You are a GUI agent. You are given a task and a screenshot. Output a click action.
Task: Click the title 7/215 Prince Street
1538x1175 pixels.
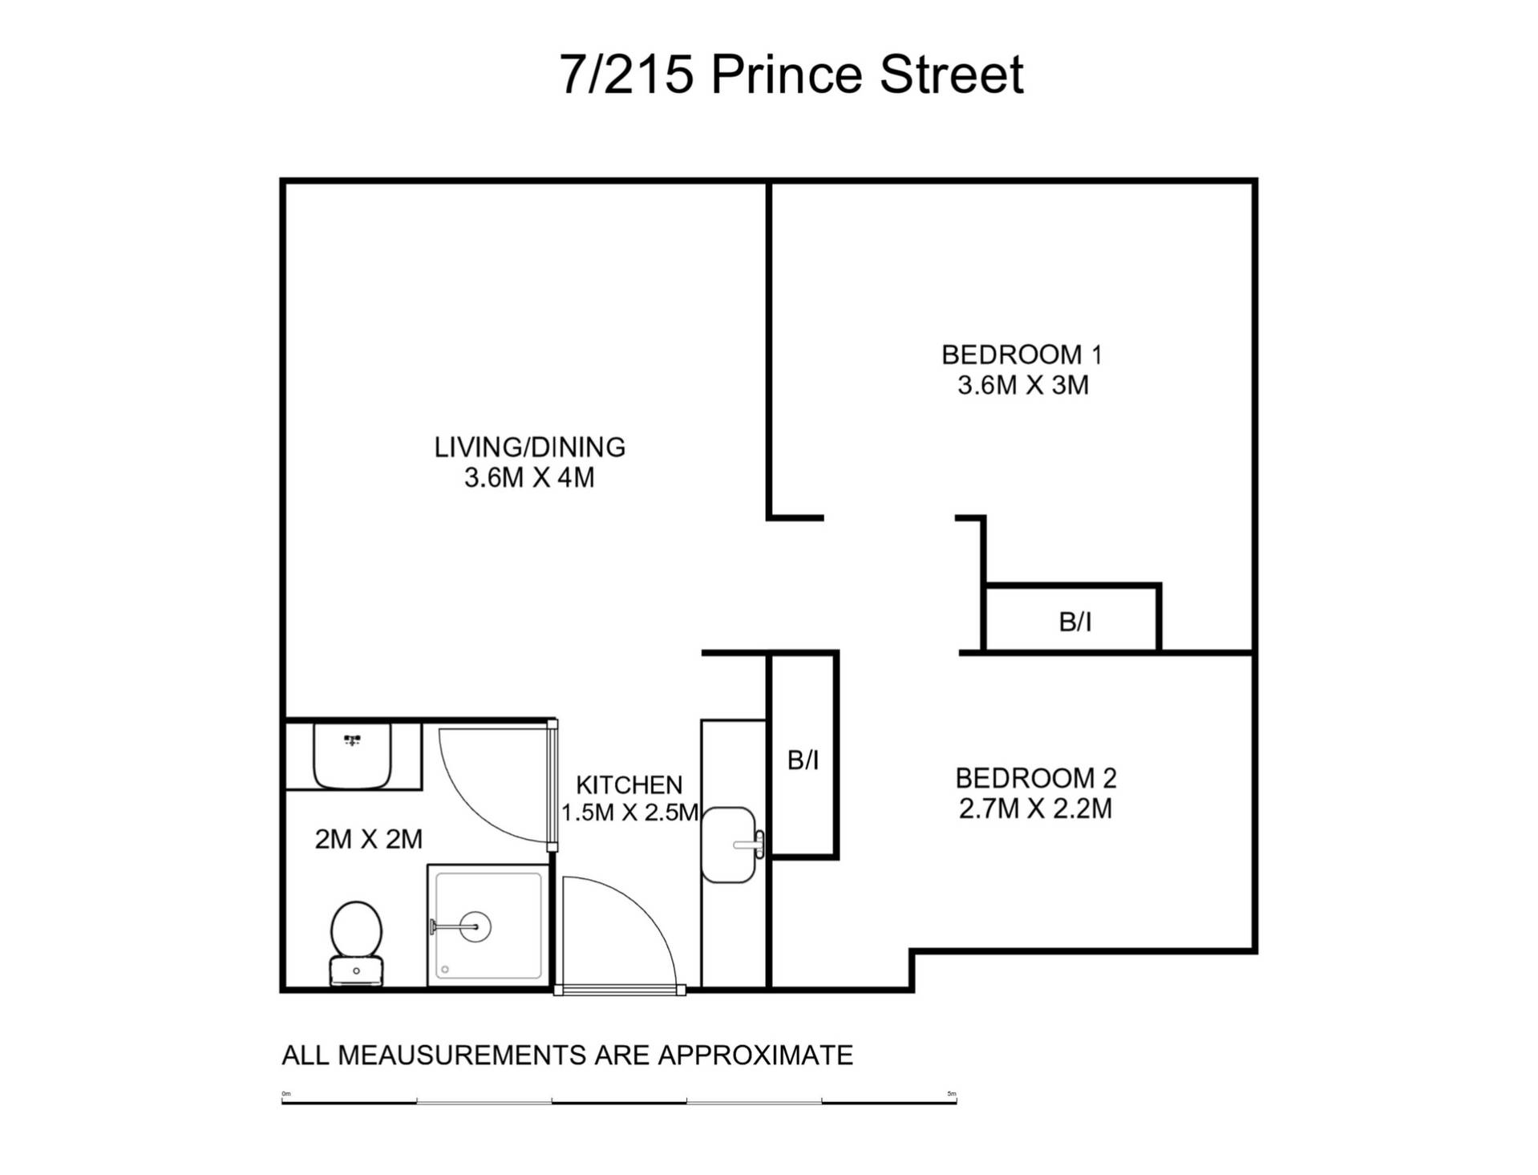tap(791, 75)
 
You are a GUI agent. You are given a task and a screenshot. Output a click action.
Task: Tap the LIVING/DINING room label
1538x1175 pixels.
tap(529, 447)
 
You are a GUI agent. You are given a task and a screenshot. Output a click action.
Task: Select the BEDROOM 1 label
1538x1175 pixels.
tap(1022, 354)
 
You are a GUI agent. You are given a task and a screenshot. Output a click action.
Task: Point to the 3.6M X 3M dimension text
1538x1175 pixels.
tap(1022, 385)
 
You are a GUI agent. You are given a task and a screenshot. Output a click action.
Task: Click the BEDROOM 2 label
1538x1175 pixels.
tap(1035, 777)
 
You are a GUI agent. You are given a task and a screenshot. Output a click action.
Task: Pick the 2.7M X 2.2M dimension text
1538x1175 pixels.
tap(1035, 808)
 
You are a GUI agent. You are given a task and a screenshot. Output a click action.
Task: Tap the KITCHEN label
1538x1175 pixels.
tap(629, 784)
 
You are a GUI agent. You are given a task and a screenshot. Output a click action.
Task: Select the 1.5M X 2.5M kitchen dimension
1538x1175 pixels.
tap(629, 812)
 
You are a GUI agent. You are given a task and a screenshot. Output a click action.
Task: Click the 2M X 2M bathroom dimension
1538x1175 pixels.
tap(368, 839)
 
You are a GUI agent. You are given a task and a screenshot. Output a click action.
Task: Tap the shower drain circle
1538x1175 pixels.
tap(476, 926)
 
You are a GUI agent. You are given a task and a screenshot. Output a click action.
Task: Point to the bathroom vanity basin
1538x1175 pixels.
tap(352, 756)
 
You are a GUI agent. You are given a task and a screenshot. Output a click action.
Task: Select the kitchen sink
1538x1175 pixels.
tap(729, 845)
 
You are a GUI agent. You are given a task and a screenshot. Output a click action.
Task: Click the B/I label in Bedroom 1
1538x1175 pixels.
tap(1075, 622)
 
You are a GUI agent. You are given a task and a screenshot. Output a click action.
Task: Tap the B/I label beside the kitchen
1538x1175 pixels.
tap(803, 760)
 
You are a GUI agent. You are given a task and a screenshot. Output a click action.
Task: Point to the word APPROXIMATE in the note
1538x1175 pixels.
tap(755, 1055)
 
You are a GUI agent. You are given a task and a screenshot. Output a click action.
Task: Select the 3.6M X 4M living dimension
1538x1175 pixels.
tap(529, 478)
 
